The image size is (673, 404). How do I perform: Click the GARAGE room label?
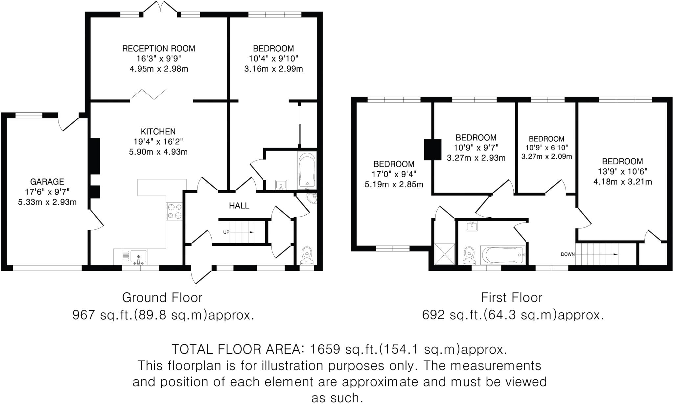(47, 181)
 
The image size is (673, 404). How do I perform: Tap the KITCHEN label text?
(158, 131)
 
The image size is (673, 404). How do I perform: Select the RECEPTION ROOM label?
(158, 49)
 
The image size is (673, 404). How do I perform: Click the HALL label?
(239, 206)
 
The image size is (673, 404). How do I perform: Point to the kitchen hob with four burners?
(174, 211)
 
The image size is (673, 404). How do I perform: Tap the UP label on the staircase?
(226, 232)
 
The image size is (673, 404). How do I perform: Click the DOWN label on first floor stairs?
(567, 254)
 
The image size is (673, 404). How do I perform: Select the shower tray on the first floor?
(445, 254)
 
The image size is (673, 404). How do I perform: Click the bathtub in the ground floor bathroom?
(307, 170)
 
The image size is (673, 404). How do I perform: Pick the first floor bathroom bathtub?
(502, 255)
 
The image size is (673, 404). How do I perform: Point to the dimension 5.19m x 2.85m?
(394, 185)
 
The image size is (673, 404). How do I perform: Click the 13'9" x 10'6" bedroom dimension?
(622, 172)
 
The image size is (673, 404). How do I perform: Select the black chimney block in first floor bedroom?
(433, 150)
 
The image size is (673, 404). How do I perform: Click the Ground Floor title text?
(162, 297)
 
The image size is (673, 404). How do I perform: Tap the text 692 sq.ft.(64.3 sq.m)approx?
(513, 315)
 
